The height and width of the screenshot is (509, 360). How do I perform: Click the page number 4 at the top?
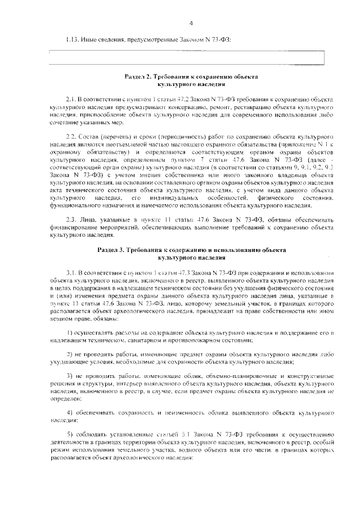click(191, 23)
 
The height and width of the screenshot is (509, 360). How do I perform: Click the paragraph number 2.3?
click(72, 219)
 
